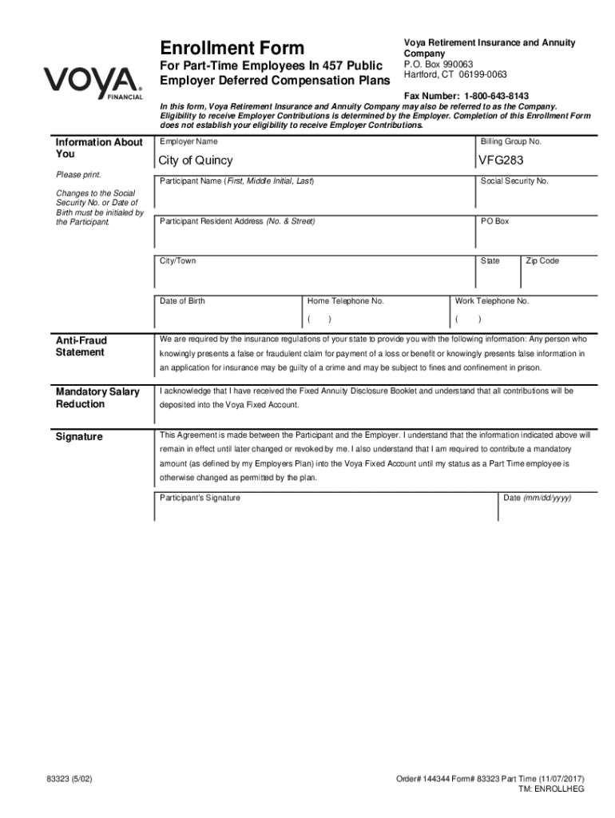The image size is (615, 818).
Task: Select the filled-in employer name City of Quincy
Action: tap(196, 161)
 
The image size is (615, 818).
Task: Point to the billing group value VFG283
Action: tap(502, 161)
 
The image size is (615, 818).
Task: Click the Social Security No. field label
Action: tap(514, 181)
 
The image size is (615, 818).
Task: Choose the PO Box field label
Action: tap(494, 221)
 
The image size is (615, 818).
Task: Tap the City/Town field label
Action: tap(177, 261)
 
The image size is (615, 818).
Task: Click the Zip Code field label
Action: tap(542, 261)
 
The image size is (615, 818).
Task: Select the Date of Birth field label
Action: tap(182, 301)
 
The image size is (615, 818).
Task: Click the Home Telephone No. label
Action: tap(346, 301)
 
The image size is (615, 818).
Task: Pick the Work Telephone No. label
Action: tap(492, 301)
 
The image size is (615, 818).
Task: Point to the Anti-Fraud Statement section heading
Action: tap(81, 347)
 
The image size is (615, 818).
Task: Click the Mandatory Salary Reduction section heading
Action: tap(97, 398)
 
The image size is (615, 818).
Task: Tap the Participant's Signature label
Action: tap(200, 498)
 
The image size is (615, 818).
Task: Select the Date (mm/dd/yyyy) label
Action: tap(537, 498)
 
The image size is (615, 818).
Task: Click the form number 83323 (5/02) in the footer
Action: tap(73, 778)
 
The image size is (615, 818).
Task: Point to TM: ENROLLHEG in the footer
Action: tap(552, 788)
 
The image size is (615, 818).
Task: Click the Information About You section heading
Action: tap(98, 148)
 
